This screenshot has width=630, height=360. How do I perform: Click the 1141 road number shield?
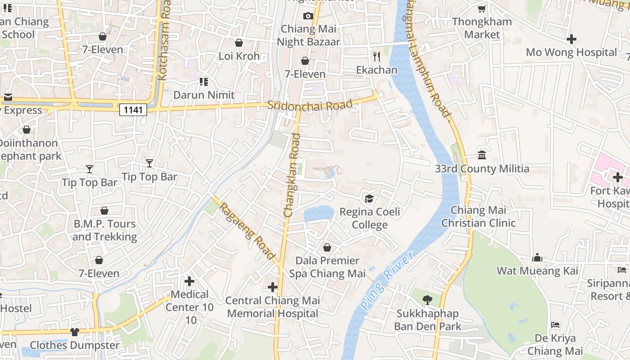coord(133,109)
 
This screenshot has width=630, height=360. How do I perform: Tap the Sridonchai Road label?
coord(310,105)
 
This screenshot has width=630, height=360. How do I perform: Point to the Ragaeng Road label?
coord(247,230)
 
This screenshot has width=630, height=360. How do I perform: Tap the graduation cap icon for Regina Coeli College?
coord(369,198)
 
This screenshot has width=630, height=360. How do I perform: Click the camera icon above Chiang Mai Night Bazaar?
coord(308,16)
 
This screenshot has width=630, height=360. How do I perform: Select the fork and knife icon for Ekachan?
coord(377,56)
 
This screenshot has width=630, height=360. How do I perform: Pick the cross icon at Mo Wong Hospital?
coord(571,39)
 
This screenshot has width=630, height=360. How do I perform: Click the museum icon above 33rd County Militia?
coord(482,155)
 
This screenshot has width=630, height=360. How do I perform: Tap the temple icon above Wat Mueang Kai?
coord(537,257)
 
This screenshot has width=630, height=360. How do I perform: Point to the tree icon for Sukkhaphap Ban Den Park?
coord(427,300)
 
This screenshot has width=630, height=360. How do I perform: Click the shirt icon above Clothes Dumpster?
coord(75,332)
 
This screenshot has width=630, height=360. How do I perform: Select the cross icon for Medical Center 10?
coord(189,281)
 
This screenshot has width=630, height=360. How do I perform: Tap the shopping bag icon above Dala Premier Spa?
coord(327,247)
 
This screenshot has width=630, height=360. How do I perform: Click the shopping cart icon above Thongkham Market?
coord(482,9)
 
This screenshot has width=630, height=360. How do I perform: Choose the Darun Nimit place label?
coord(204,95)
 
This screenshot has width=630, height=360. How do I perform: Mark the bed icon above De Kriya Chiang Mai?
coord(555,325)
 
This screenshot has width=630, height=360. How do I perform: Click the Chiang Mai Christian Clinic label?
coord(478,216)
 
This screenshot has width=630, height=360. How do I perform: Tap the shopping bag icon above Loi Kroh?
coord(239,43)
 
